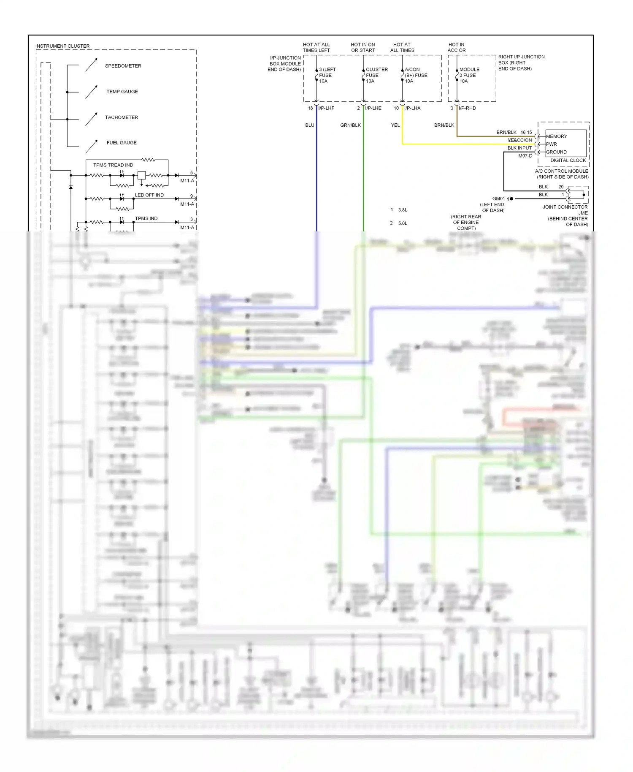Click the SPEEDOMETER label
(123, 66)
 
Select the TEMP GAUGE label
(122, 92)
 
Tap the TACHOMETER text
(121, 117)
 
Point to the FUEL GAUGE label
(122, 143)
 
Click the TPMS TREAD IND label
(113, 165)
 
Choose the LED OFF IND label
(149, 195)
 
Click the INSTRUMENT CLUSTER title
(62, 46)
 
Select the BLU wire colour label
(310, 125)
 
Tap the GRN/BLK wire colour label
(350, 125)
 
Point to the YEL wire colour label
(395, 125)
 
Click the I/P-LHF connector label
(326, 109)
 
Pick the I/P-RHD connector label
(467, 109)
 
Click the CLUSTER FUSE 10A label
(376, 75)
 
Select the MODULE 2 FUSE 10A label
(469, 75)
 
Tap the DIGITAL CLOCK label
(568, 160)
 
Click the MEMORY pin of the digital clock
(557, 136)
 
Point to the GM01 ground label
(498, 198)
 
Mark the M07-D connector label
(525, 156)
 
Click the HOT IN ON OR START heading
(363, 47)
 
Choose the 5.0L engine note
(403, 223)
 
